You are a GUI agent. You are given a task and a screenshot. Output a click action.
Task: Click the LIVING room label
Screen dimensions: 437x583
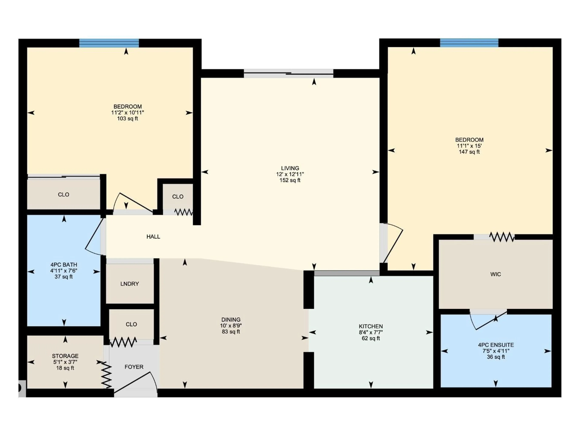(x=290, y=168)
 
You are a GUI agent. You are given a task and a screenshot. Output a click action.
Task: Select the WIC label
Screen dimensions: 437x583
(x=496, y=274)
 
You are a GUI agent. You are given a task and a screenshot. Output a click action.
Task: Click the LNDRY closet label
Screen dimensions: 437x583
(x=129, y=284)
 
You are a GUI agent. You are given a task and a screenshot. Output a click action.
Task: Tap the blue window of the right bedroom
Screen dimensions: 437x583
(x=469, y=43)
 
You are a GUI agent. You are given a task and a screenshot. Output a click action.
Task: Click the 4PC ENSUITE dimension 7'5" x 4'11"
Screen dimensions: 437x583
(x=496, y=351)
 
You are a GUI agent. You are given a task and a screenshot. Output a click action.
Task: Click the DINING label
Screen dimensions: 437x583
(x=231, y=320)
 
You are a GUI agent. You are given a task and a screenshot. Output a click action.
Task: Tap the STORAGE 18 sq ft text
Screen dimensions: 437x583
(x=65, y=368)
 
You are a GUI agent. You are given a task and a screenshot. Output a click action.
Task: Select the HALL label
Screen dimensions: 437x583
(x=153, y=237)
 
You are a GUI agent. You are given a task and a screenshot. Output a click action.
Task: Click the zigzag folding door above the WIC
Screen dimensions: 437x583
(x=502, y=237)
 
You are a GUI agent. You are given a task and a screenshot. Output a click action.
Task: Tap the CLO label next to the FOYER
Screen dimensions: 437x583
(x=131, y=324)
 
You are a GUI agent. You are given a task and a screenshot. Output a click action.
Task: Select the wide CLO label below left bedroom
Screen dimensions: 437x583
(x=63, y=195)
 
